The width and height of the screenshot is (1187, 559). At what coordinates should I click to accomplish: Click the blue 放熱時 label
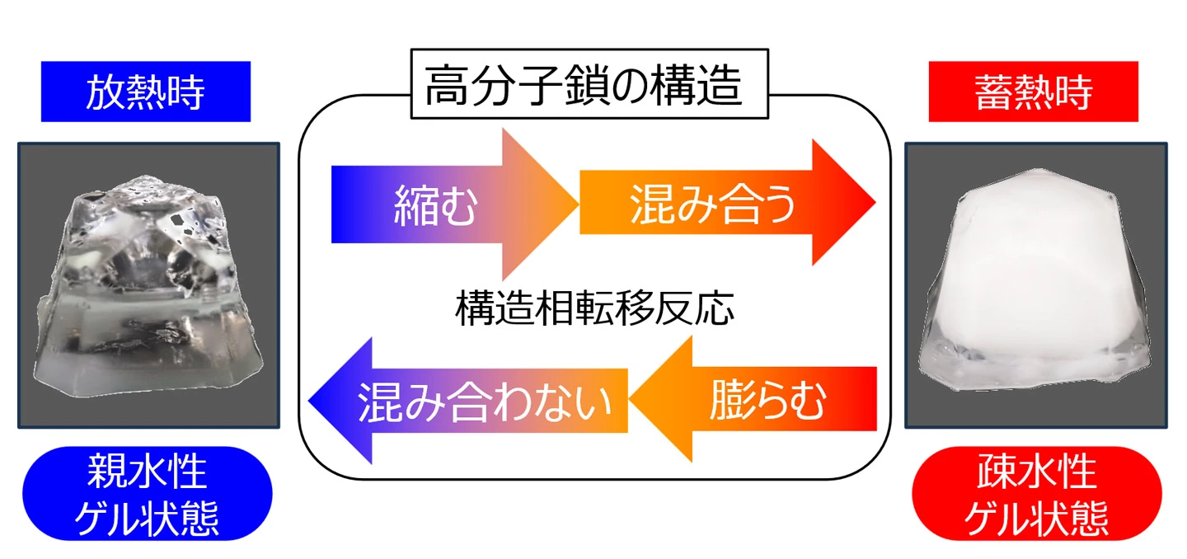[x=146, y=92]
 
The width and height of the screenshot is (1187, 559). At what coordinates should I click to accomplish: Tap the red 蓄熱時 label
[x=1033, y=92]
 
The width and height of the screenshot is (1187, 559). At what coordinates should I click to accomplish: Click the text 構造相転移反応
[x=593, y=311]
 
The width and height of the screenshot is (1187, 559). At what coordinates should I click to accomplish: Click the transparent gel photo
[x=149, y=285]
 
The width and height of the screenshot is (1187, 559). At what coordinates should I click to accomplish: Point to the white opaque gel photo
[x=1036, y=285]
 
